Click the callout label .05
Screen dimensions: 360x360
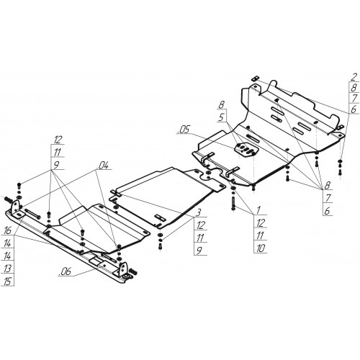tap(184, 130)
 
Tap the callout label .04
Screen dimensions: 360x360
tap(104, 165)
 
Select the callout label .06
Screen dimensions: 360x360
tap(65, 272)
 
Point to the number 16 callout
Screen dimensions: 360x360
tap(7, 230)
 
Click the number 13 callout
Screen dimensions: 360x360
tap(7, 269)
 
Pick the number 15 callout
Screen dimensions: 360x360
tap(7, 281)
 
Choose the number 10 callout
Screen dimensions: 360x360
tap(261, 248)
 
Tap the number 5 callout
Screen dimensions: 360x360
tap(222, 117)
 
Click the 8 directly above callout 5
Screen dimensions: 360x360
tap(222, 104)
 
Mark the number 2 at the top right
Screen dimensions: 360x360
tap(354, 77)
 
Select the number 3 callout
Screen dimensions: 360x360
tap(199, 212)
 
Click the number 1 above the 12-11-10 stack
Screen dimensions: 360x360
tap(258, 210)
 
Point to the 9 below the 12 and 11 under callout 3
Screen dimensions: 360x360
tap(199, 251)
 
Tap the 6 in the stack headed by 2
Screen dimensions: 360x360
tap(354, 109)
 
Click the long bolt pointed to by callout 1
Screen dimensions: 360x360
tap(233, 204)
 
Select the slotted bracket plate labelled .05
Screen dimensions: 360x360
tap(246, 150)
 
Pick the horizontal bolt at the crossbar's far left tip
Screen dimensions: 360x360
tap(8, 199)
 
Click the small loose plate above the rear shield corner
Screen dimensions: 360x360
tap(255, 78)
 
